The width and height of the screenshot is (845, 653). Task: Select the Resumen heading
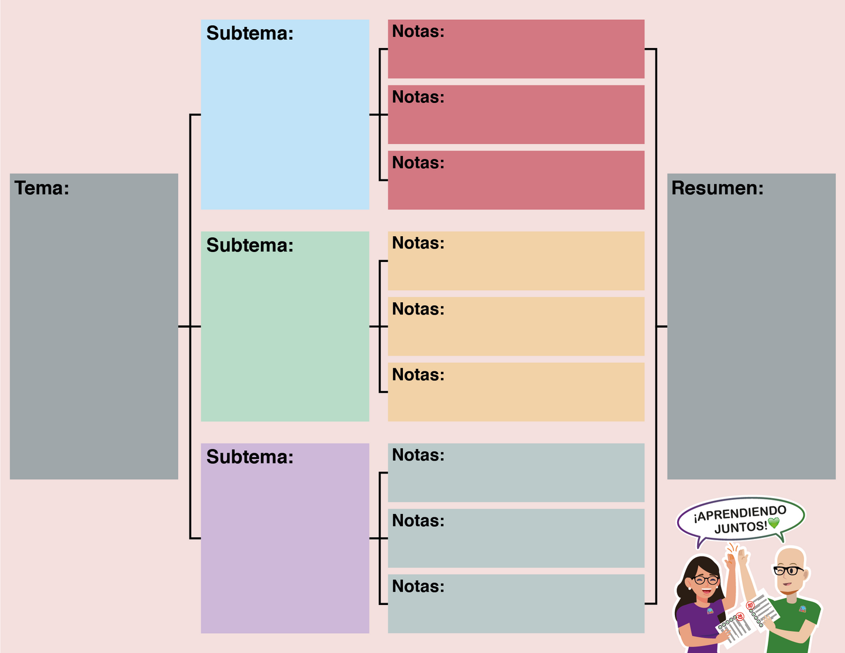tap(717, 188)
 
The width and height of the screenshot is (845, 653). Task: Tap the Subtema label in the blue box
tap(250, 33)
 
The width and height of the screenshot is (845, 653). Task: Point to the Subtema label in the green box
tap(250, 246)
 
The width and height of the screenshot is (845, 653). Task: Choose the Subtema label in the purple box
tap(250, 457)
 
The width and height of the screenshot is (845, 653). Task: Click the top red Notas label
tap(418, 32)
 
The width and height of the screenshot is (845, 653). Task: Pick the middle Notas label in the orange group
tap(418, 309)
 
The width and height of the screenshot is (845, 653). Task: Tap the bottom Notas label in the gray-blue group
tap(418, 586)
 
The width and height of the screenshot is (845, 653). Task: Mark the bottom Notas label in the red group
tap(418, 163)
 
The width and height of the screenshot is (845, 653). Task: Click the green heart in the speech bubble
tap(774, 523)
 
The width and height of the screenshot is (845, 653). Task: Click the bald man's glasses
tap(788, 570)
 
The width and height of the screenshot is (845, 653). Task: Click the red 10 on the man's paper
tap(750, 606)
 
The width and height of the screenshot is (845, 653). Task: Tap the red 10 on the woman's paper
tap(739, 616)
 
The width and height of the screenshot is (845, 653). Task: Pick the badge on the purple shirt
tap(710, 611)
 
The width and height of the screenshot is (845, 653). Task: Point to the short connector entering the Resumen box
tap(661, 327)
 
